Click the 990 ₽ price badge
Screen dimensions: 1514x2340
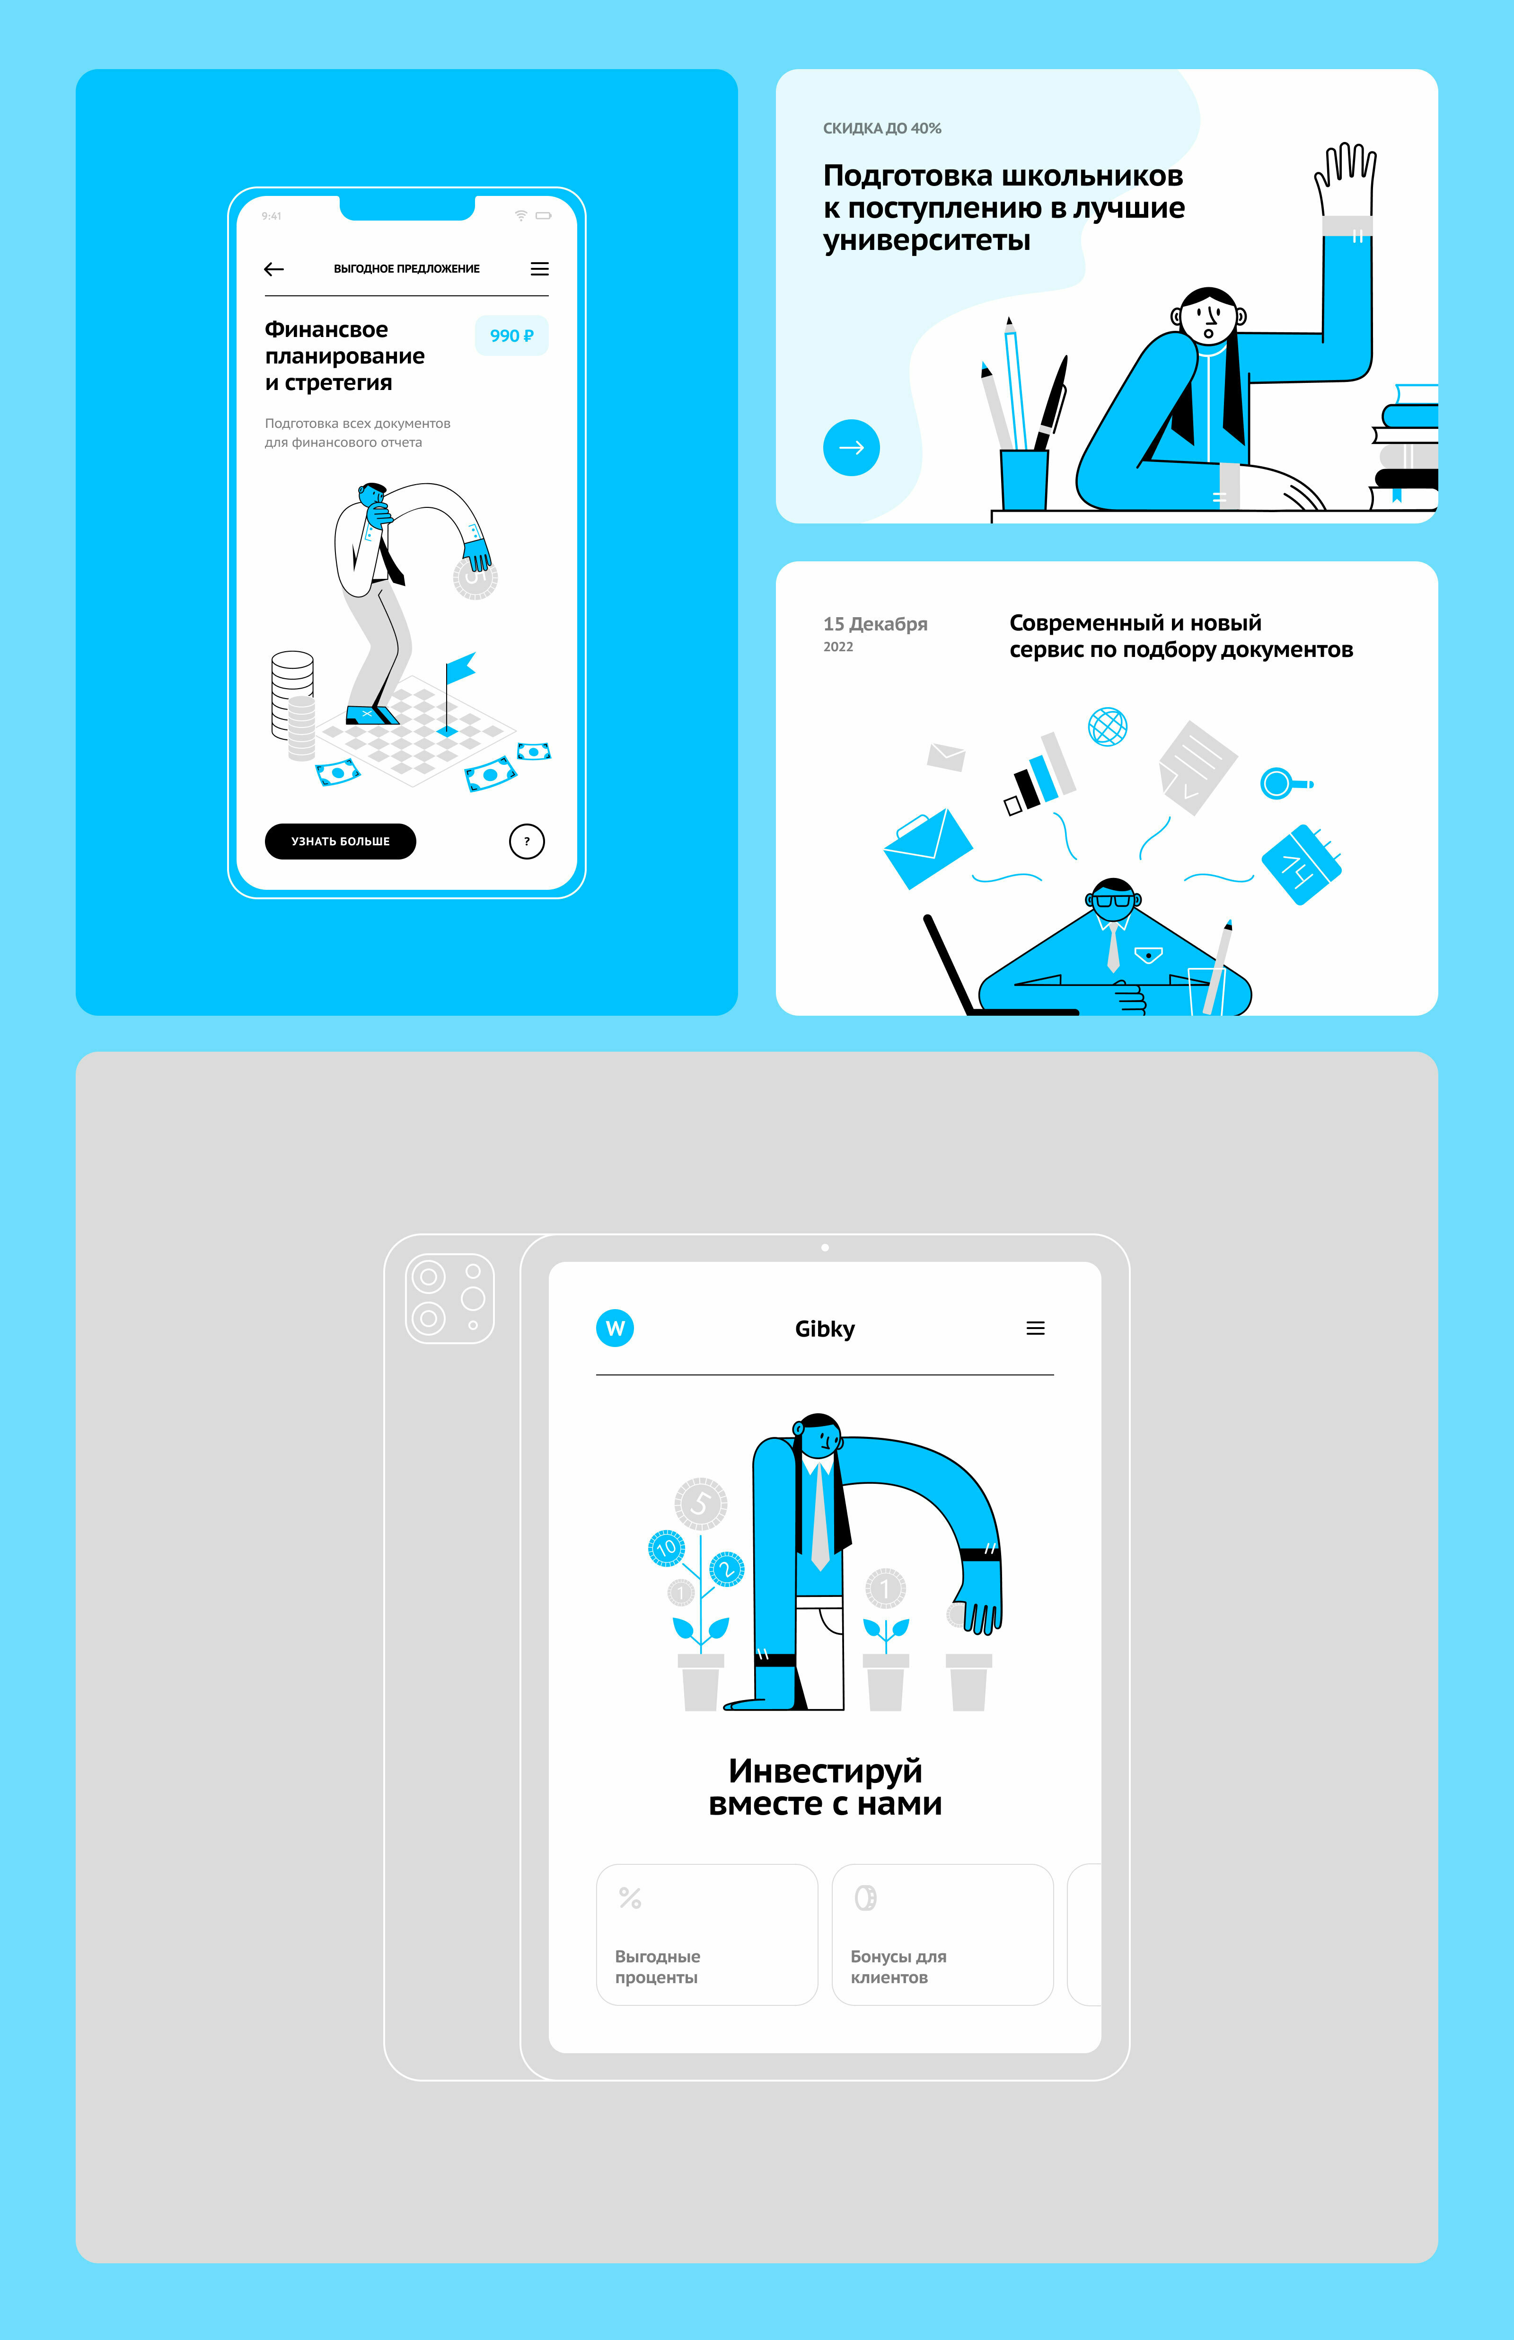point(511,335)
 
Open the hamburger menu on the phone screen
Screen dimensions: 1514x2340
point(540,268)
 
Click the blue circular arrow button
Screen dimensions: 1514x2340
point(851,447)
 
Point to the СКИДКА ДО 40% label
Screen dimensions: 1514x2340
point(882,128)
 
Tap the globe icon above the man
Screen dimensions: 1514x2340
point(1108,727)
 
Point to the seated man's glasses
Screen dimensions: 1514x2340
point(1114,900)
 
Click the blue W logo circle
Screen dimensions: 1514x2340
point(616,1328)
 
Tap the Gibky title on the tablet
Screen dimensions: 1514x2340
point(825,1328)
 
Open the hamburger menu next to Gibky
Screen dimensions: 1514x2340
point(1035,1328)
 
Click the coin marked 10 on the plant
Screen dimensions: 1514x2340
point(667,1548)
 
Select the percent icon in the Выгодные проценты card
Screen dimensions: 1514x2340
point(630,1897)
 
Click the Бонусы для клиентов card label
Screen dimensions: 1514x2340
point(898,1967)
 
